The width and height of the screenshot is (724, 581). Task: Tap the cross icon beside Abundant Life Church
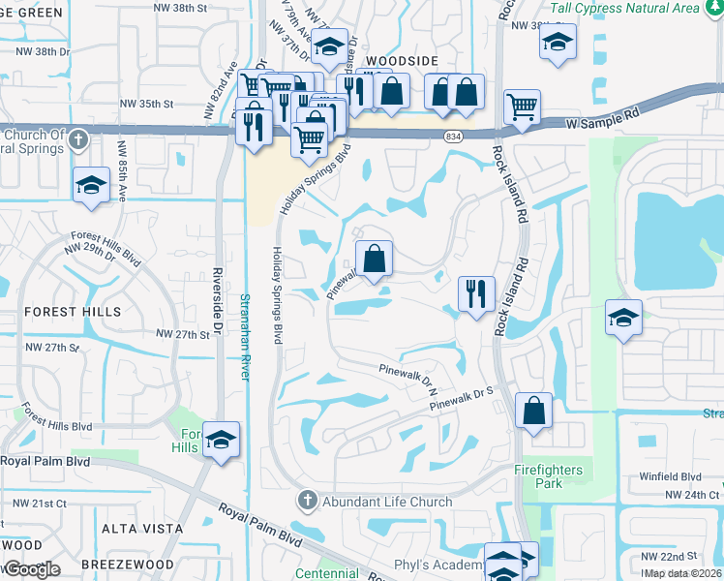tap(308, 501)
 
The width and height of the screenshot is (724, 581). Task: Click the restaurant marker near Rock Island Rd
tap(475, 292)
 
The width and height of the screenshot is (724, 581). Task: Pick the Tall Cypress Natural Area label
tap(638, 9)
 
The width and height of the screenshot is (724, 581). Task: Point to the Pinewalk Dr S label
tap(463, 396)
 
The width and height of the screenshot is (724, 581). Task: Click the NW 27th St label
tap(184, 334)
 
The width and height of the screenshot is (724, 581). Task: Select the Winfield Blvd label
tap(670, 477)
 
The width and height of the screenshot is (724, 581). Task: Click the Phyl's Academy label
tap(437, 566)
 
